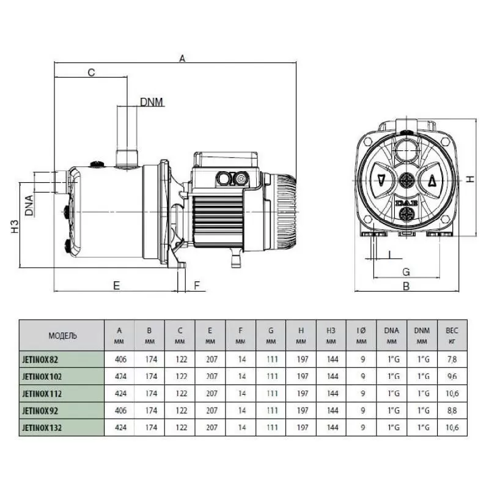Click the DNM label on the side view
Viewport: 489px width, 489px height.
[152, 102]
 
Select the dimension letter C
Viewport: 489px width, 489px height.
[90, 73]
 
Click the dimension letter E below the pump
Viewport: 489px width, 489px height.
[115, 285]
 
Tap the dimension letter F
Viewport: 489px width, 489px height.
[197, 285]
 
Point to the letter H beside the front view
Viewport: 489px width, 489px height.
[469, 179]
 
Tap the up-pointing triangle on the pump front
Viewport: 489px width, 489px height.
[431, 180]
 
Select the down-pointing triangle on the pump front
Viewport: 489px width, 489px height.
[381, 180]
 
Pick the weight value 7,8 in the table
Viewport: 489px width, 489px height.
[452, 359]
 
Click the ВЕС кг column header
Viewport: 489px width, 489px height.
[452, 336]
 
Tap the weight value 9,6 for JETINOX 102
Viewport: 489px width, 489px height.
[452, 377]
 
